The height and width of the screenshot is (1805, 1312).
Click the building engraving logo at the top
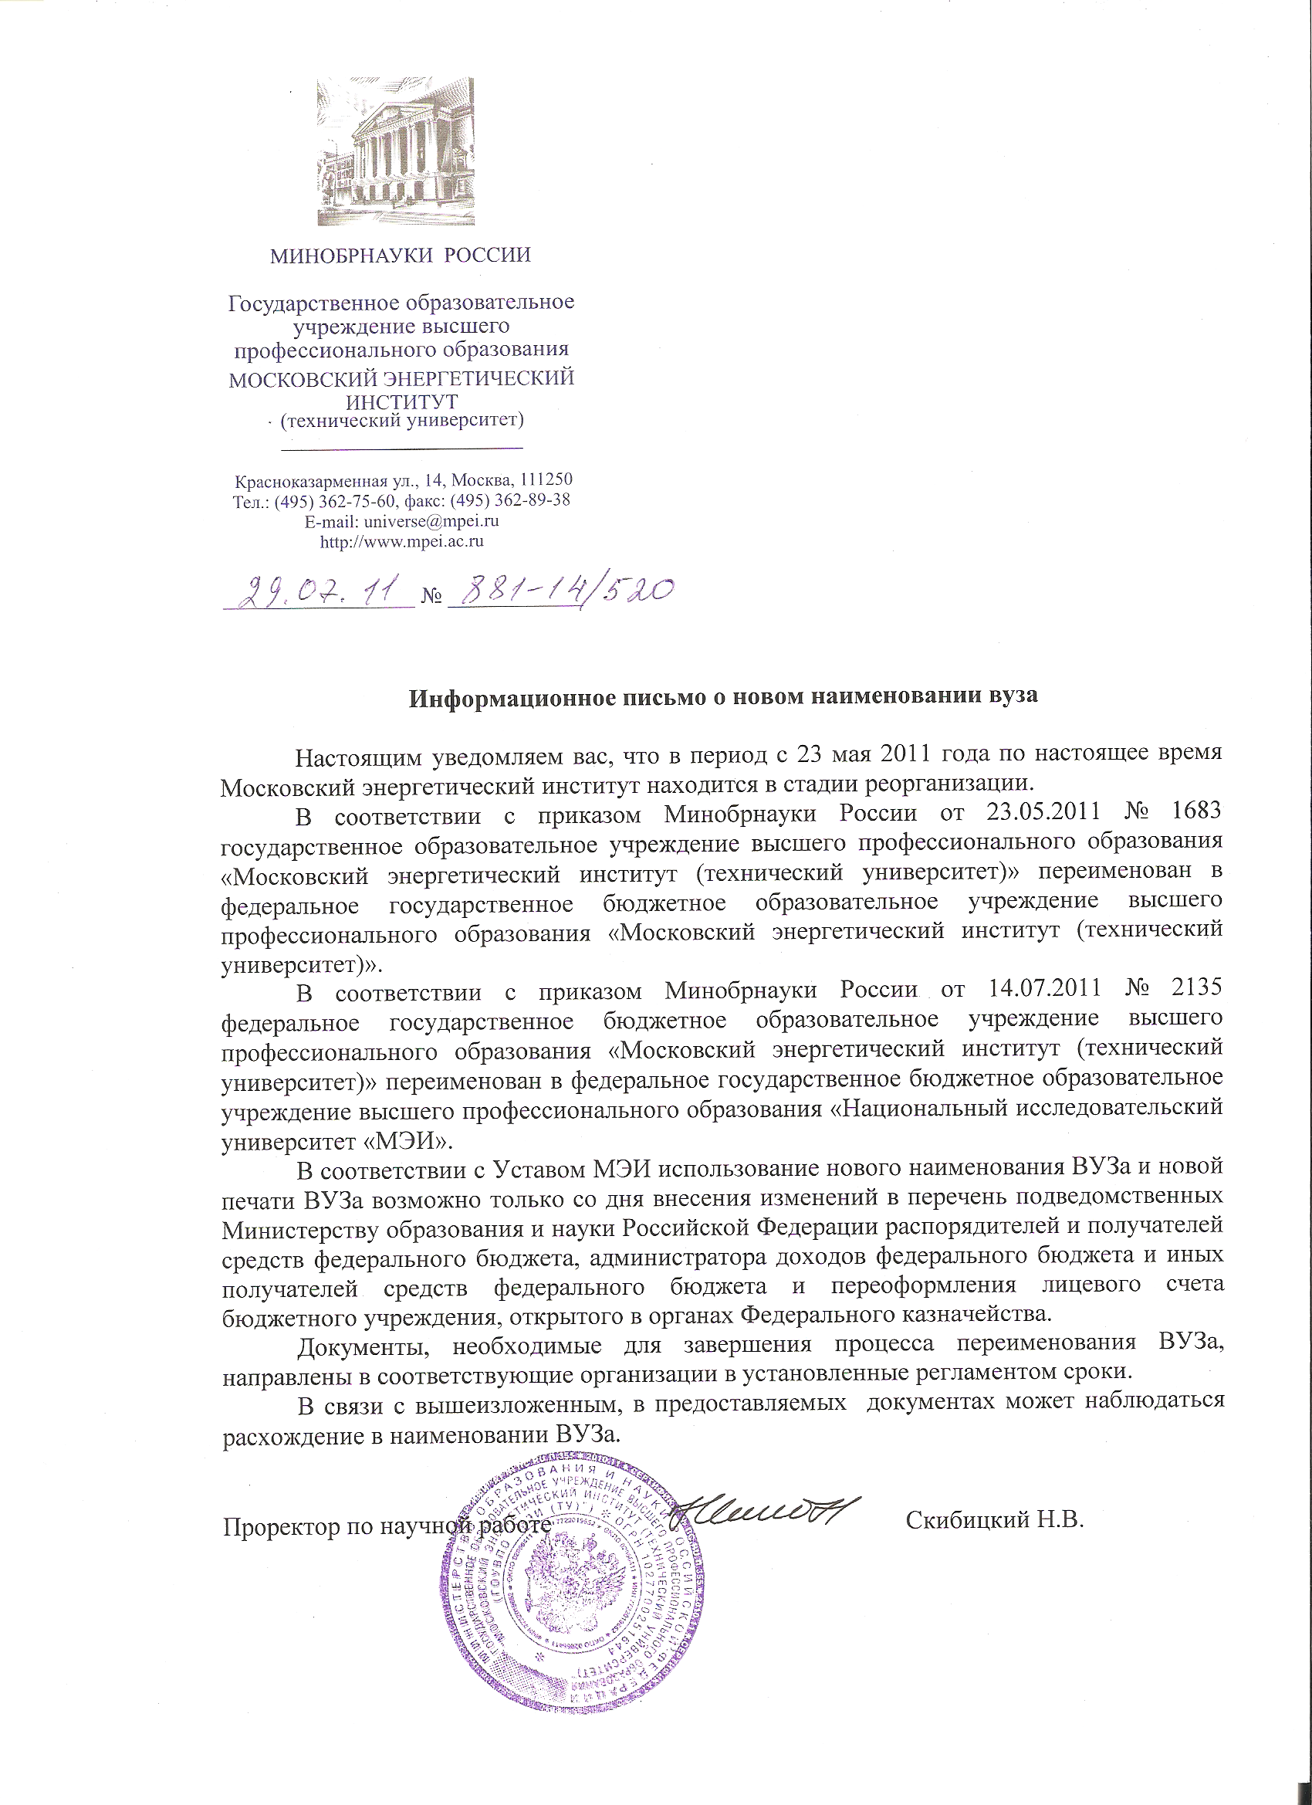click(395, 151)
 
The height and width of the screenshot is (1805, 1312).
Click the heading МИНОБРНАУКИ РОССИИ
click(401, 256)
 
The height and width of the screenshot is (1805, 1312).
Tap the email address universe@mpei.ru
click(431, 522)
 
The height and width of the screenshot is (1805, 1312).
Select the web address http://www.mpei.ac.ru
click(402, 542)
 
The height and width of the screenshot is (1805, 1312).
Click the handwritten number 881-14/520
click(562, 593)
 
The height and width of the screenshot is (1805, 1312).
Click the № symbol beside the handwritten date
click(431, 596)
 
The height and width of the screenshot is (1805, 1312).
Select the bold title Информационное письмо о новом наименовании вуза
click(723, 697)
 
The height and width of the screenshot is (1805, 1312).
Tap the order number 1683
click(1195, 811)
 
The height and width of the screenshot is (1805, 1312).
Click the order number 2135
click(1195, 987)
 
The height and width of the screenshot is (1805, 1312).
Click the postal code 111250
click(545, 480)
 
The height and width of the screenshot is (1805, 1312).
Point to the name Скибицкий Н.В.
click(996, 1521)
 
